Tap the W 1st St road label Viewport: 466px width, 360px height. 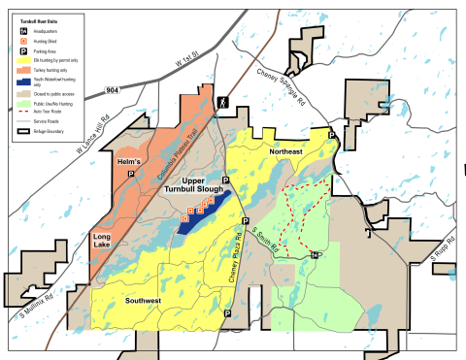[191, 71]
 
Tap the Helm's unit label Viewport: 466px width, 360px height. [128, 159]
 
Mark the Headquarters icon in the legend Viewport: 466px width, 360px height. [23, 30]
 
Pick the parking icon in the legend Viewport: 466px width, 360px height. [23, 51]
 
